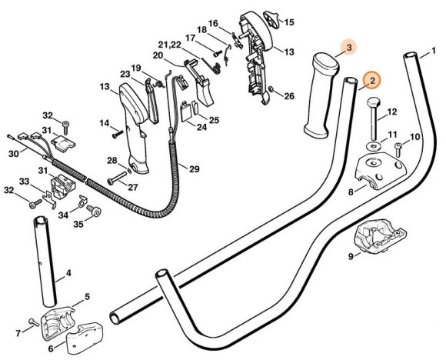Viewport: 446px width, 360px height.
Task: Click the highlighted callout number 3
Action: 348,48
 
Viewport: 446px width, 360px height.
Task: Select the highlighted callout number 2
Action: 371,79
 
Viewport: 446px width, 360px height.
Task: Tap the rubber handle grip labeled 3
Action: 318,96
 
